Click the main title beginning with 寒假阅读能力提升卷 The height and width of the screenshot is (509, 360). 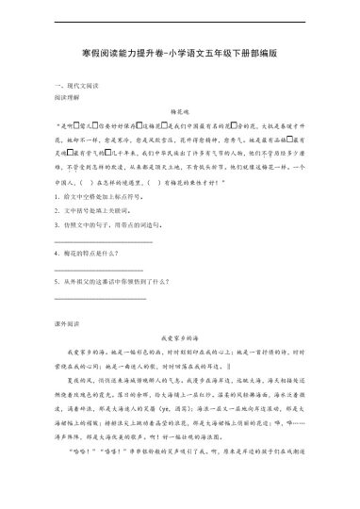coord(179,55)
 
